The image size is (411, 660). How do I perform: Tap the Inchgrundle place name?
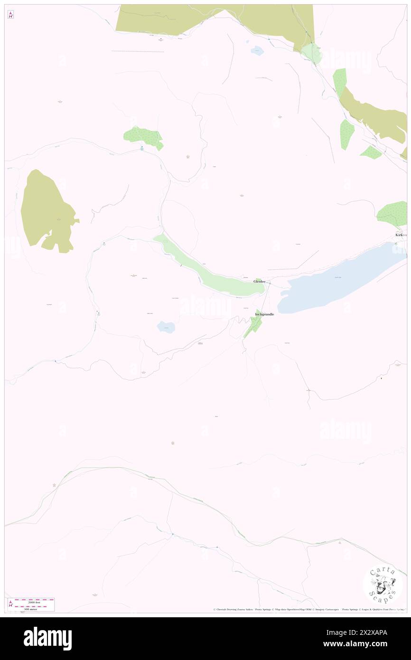coord(264,314)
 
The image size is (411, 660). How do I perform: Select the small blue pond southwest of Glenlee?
coord(166,327)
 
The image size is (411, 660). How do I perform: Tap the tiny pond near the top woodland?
coord(257,50)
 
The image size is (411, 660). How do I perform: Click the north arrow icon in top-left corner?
coord(10,15)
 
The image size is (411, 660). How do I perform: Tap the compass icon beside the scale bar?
coord(10,604)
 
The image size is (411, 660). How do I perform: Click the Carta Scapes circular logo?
coord(383,584)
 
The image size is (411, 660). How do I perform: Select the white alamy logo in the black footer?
coord(47,638)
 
